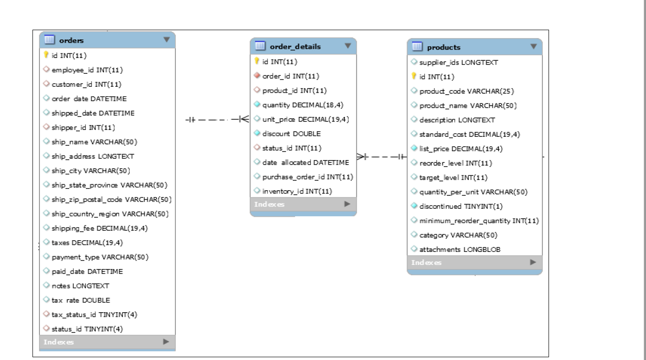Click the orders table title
pos(71,40)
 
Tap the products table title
pos(443,47)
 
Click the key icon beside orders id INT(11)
pos(46,56)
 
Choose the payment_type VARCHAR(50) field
pos(103,257)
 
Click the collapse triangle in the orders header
pos(167,40)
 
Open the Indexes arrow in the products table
pos(533,262)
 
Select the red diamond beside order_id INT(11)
pos(257,76)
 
